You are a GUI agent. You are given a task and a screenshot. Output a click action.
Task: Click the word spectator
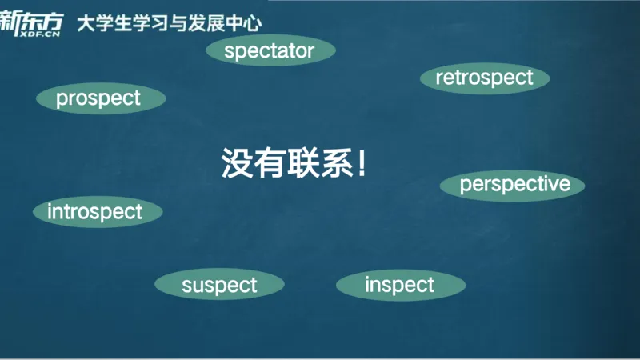click(x=269, y=51)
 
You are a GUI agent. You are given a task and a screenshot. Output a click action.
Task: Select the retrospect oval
click(x=484, y=78)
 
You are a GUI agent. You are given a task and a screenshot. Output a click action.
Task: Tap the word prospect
click(x=98, y=98)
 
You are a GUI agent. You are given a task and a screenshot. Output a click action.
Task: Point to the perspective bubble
click(x=514, y=185)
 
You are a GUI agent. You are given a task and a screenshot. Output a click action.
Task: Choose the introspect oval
click(x=95, y=212)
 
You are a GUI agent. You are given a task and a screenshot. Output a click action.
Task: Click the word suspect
click(x=219, y=285)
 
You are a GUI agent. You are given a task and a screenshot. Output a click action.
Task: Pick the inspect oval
click(x=399, y=285)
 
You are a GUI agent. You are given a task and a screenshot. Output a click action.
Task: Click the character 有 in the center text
click(x=270, y=163)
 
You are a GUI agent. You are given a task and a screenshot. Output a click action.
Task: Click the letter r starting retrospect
click(x=439, y=78)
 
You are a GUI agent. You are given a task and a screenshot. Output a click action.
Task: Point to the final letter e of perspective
click(x=564, y=185)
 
